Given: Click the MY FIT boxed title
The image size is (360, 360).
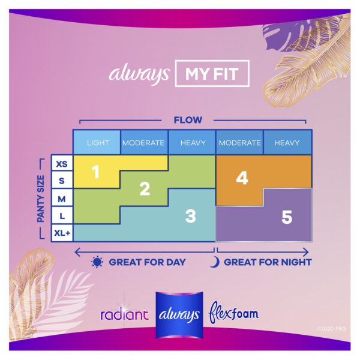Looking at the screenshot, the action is [212, 73].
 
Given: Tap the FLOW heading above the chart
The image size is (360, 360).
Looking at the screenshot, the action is [188, 120].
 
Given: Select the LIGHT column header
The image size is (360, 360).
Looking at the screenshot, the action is [98, 143].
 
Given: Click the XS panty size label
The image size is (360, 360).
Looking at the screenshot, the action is [62, 164].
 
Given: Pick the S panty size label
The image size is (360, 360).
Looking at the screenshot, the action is [62, 181].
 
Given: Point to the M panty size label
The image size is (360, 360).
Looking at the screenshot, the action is [62, 199].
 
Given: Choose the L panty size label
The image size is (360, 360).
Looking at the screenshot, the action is [62, 216].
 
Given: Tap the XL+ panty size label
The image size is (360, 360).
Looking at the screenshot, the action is [62, 233].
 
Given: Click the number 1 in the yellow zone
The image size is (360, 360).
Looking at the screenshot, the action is [96, 172].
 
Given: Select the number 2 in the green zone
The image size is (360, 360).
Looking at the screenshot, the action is [145, 189].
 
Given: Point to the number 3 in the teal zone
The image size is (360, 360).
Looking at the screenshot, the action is [191, 216].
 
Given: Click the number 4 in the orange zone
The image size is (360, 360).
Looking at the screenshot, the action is [242, 178].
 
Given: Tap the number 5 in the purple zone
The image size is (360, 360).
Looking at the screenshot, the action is [287, 217].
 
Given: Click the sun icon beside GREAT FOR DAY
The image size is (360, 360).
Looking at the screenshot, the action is [97, 262].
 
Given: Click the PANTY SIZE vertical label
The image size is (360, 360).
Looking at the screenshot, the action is [41, 199].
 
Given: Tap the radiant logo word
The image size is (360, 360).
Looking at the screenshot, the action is [124, 314].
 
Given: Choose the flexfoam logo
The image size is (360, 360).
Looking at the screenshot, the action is [233, 313].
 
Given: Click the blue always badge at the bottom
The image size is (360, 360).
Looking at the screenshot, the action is [179, 315].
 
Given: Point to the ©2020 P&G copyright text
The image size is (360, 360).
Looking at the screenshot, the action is [331, 329].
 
